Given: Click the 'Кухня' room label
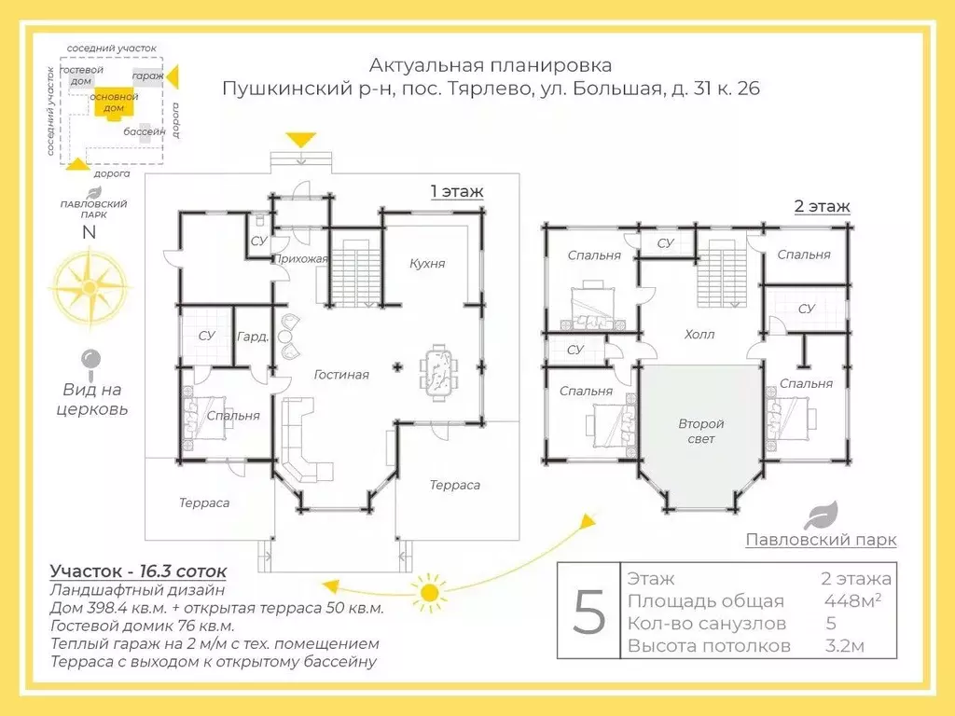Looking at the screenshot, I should pos(427,264).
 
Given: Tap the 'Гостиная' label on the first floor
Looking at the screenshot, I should pos(341,375).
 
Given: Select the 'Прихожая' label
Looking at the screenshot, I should pos(300,259).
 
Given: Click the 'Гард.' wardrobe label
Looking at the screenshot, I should pos(253,337).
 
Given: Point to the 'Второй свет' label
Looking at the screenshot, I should pos(700,431).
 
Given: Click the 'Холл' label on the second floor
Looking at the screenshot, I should pos(699,334).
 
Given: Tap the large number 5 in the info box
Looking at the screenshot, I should pos(588,612).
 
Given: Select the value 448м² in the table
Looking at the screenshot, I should pos(852,600).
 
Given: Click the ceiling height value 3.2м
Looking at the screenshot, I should pos(846,645).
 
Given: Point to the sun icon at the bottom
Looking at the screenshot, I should pos(428,591).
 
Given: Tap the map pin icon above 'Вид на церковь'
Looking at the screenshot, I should pos(91,360).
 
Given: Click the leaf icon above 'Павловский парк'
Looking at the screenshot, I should pos(821,516).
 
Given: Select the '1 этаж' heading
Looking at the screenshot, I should pos(456,192).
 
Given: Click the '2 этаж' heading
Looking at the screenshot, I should pos(822,206).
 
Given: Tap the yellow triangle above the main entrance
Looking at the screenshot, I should pos(300,140).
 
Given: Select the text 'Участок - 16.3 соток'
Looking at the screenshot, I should pos(138,571).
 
